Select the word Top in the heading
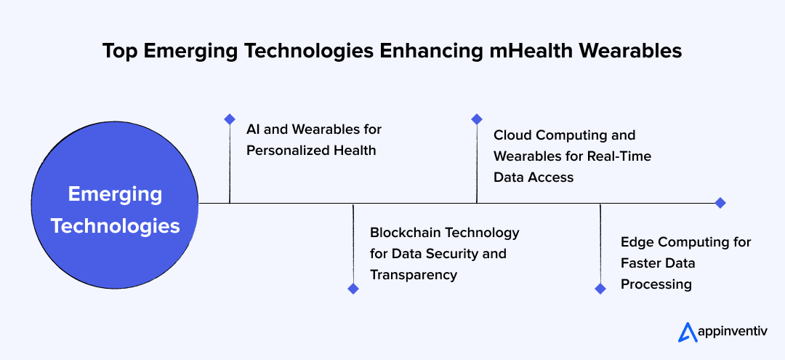pos(118,51)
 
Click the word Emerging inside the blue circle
pos(115,194)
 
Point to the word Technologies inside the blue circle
pos(115,226)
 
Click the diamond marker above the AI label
pos(230,119)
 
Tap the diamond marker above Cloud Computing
pos(477,119)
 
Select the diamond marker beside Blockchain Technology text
pos(353,289)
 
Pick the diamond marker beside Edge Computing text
pos(600,289)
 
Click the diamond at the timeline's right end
pos(720,203)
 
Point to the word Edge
pos(636,241)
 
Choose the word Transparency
pos(414,275)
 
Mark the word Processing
pos(656,284)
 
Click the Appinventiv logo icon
pos(687,332)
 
